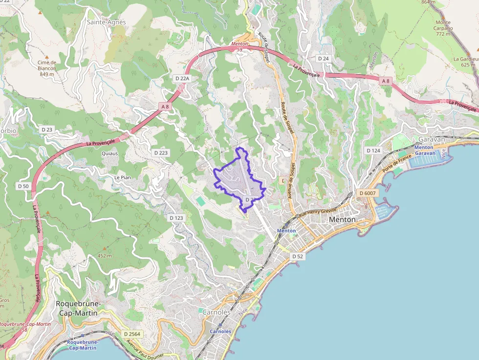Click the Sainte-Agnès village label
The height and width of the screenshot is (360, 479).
coord(106,22)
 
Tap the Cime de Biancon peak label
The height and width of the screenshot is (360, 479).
coord(47,68)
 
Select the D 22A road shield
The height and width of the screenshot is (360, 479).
coord(182,78)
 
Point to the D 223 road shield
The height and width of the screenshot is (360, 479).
coord(161,153)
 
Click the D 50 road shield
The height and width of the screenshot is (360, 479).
coord(23,186)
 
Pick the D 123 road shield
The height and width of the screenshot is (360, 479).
coord(175,217)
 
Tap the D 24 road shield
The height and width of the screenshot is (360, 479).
coord(324,59)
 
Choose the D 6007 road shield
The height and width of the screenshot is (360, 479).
coord(368,193)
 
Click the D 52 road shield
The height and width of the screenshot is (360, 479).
coord(298,256)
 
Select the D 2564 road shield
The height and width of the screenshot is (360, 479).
coord(132,334)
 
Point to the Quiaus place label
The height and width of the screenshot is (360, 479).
coord(109,153)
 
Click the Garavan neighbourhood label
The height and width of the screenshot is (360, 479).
coord(432,139)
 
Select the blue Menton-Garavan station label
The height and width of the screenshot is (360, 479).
coord(423,150)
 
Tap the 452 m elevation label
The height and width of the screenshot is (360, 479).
coord(105,255)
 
